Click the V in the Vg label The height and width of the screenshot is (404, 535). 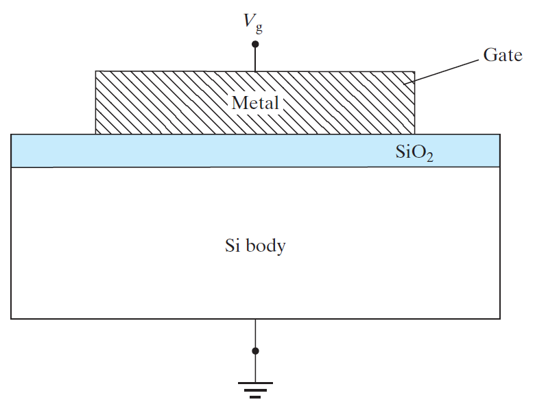click(250, 20)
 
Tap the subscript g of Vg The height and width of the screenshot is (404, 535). click(259, 29)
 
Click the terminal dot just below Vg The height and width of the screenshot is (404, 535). click(255, 44)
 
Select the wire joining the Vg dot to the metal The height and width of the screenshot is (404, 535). click(255, 60)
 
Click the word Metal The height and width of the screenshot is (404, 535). click(255, 103)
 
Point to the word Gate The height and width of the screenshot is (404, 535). click(503, 55)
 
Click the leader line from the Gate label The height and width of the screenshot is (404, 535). click(441, 71)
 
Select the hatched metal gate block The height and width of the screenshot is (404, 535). click(255, 102)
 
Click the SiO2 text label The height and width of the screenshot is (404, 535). click(414, 152)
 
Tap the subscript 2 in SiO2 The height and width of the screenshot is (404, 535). click(430, 157)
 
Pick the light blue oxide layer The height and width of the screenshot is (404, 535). click(255, 150)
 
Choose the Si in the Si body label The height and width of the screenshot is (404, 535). click(232, 246)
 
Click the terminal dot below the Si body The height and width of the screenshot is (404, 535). click(255, 350)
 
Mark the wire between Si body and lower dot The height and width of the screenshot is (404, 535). click(255, 333)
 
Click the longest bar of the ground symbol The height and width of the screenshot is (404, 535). click(255, 383)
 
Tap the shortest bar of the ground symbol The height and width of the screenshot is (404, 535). click(255, 397)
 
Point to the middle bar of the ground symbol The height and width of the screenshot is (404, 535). click(255, 390)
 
